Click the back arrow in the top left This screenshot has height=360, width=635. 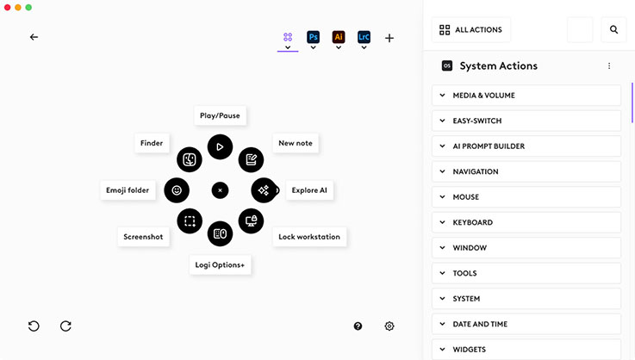(34, 37)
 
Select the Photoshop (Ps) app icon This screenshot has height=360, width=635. (314, 37)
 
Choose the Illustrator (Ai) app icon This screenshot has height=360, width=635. (339, 37)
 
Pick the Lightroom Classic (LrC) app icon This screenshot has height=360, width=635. (364, 37)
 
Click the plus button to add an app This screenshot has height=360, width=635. (389, 38)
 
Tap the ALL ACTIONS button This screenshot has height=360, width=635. (470, 29)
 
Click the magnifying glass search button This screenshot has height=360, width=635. (613, 29)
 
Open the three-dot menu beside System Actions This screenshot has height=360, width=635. (609, 66)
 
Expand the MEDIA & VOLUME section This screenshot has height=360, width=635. (526, 96)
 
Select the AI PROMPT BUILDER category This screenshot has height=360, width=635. (526, 146)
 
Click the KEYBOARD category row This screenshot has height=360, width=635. (526, 222)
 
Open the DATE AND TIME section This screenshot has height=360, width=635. (526, 324)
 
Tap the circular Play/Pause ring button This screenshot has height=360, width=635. (220, 146)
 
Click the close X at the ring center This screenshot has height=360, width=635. (220, 189)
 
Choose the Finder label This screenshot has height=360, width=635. (152, 143)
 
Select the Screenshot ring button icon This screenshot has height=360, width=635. (190, 220)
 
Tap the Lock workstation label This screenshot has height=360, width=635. (309, 237)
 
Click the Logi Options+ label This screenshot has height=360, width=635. (220, 264)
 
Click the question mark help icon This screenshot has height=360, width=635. (358, 326)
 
